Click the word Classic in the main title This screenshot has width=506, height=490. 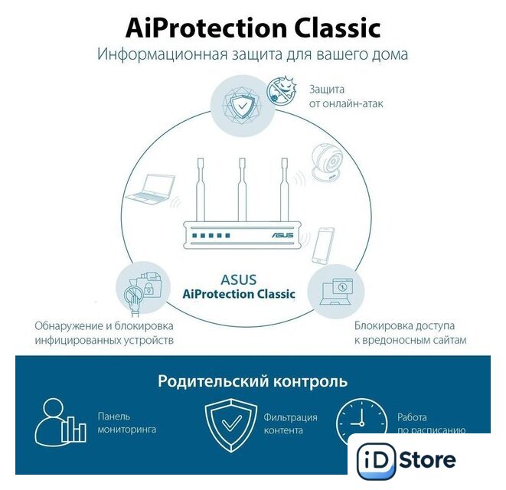(x=338, y=28)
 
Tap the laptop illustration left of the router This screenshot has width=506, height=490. (x=151, y=188)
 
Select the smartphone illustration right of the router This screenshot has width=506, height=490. (x=323, y=245)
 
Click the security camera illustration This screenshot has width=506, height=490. (x=327, y=162)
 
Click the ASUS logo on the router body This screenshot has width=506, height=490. (x=282, y=235)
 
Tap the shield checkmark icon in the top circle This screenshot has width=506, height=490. (x=243, y=105)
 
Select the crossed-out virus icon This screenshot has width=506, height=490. (x=282, y=90)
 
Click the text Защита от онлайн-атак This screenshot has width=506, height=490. (x=346, y=96)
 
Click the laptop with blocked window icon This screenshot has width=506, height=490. (x=336, y=292)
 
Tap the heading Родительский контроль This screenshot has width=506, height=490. (x=253, y=381)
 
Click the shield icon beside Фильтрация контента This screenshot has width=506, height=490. (x=231, y=425)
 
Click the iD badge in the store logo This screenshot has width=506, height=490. (x=376, y=461)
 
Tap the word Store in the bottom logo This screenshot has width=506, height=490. (x=428, y=459)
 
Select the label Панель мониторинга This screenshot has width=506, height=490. (x=127, y=423)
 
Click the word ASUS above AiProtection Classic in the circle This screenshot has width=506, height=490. (x=239, y=280)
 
